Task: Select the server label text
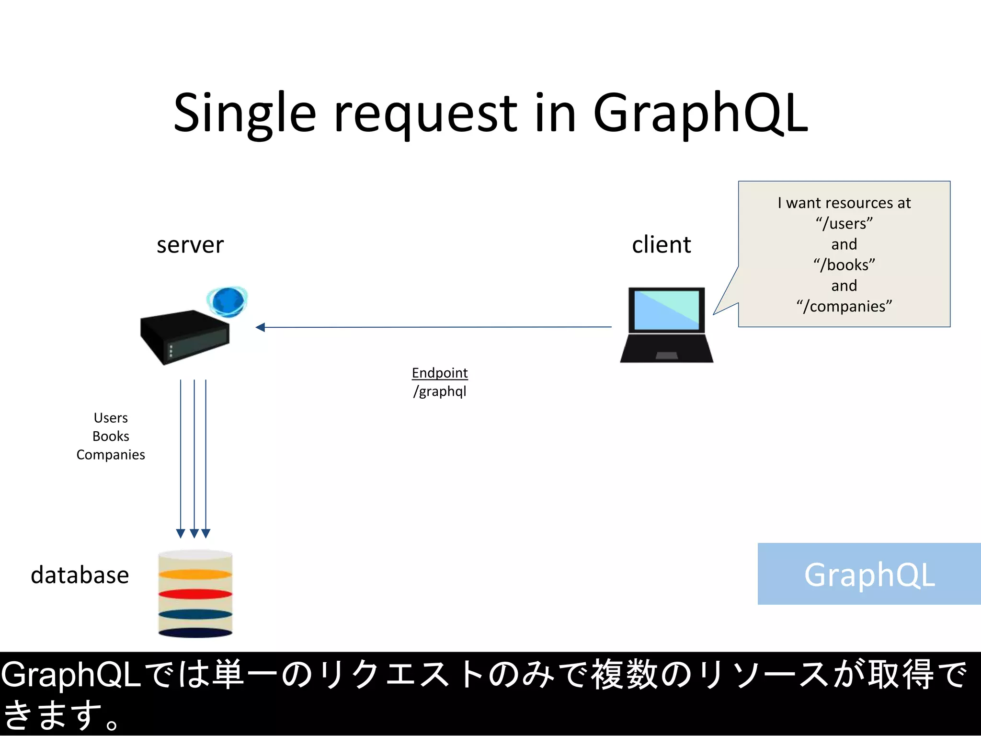190,245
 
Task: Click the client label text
661,245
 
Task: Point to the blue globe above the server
228,301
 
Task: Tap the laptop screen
666,310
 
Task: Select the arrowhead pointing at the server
261,327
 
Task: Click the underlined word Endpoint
440,373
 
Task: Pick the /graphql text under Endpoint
440,391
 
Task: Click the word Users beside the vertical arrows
111,418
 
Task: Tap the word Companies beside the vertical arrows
111,455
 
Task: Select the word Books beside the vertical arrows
111,437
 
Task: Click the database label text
80,575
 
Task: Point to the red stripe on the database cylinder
195,594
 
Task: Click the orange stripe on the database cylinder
195,574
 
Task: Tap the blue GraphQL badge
869,574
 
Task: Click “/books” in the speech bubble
844,265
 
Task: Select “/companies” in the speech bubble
844,306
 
